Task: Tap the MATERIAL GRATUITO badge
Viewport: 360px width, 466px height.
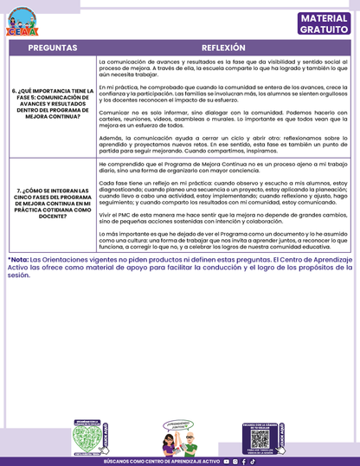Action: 324,23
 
